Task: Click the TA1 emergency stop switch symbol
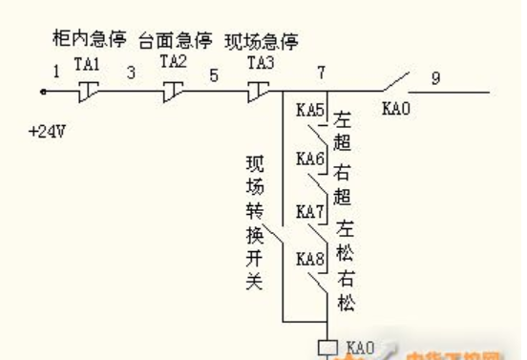pyautogui.click(x=88, y=91)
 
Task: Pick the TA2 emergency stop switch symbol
pyautogui.click(x=173, y=91)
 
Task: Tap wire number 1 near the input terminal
pyautogui.click(x=56, y=70)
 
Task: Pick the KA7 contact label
pyautogui.click(x=309, y=210)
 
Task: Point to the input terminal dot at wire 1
pyautogui.click(x=44, y=93)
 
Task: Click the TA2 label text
pyautogui.click(x=173, y=61)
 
